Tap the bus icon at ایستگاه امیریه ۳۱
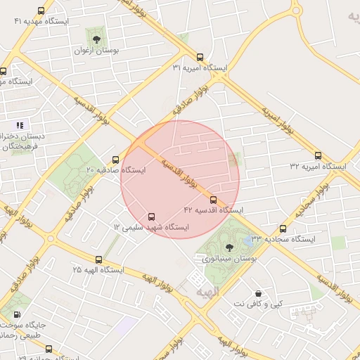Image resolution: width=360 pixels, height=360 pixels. click(x=200, y=58)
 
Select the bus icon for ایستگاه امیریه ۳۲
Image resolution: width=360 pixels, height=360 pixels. click(x=318, y=156)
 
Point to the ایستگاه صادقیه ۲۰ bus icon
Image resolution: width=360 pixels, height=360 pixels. click(x=116, y=160)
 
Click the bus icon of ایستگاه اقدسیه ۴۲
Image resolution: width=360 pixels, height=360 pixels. click(x=214, y=200)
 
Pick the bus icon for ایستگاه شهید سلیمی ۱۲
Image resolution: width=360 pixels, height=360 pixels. click(x=152, y=217)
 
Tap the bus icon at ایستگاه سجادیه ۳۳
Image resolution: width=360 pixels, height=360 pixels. click(x=283, y=229)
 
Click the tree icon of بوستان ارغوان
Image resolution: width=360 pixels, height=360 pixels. click(x=96, y=39)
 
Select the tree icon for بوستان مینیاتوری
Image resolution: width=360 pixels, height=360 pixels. click(x=229, y=246)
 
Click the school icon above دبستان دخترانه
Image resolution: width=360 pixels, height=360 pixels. click(x=20, y=125)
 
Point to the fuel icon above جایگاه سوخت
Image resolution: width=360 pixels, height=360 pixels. click(x=15, y=314)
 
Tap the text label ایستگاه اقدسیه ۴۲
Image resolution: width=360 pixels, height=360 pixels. click(x=214, y=210)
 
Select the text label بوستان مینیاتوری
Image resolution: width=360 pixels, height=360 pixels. click(x=229, y=259)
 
